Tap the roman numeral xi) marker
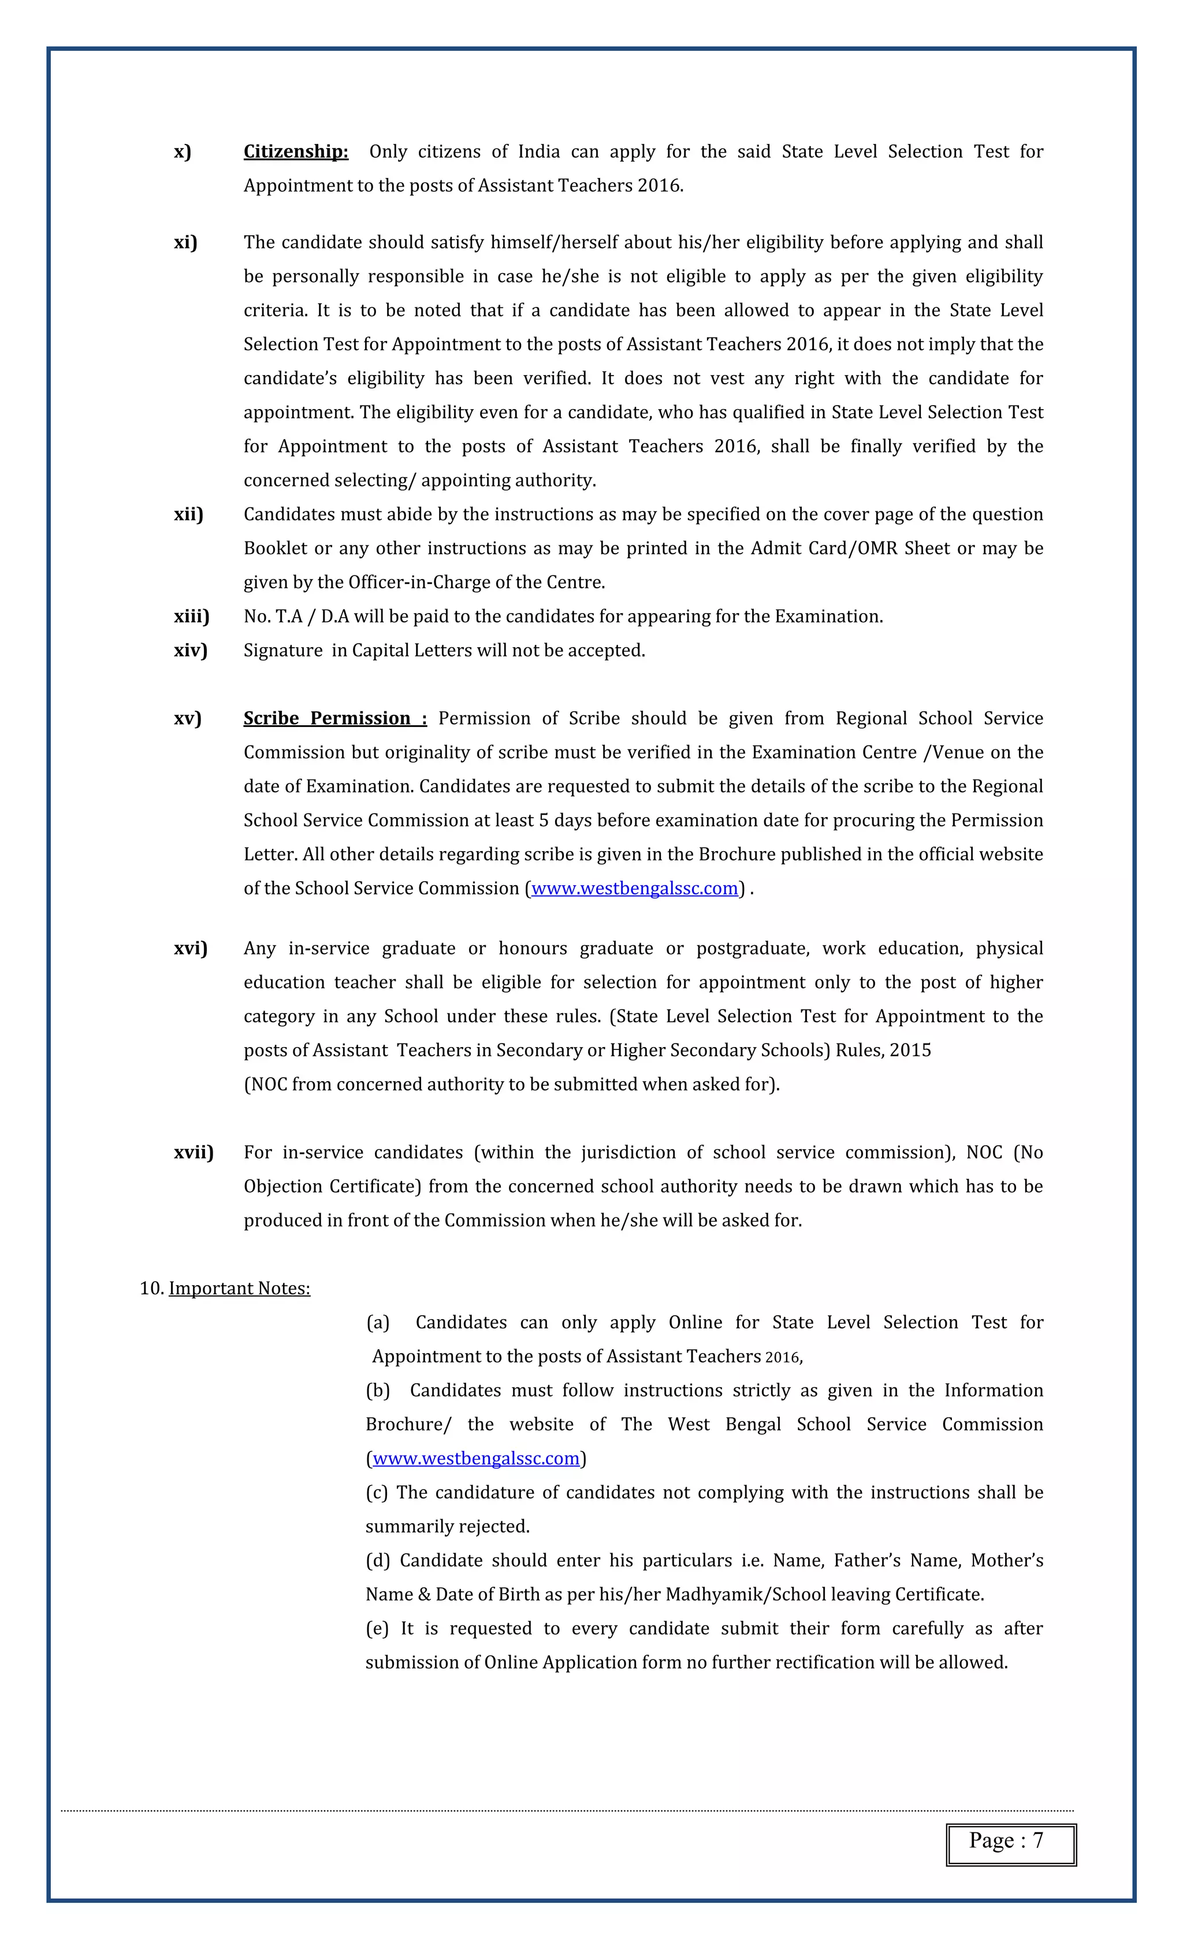186,242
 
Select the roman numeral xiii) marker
191,616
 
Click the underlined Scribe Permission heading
334,718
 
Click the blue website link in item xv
634,888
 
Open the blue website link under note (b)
476,1458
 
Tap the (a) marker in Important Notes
378,1323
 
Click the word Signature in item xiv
283,650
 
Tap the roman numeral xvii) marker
194,1153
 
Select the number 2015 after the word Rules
910,1050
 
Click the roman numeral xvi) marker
191,948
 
